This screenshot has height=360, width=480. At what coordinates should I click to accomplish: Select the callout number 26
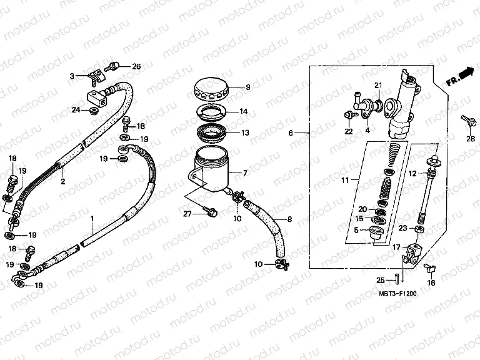point(136,66)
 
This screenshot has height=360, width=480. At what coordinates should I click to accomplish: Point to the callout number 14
point(244,111)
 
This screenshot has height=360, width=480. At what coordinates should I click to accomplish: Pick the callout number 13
point(244,133)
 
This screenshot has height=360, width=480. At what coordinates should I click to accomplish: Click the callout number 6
point(290,133)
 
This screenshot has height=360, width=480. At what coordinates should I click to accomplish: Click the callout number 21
point(377,86)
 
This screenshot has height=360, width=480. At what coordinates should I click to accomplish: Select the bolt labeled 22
point(346,115)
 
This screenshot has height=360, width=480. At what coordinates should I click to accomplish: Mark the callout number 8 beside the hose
point(289,219)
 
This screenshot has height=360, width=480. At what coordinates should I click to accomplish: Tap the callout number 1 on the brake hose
point(92,218)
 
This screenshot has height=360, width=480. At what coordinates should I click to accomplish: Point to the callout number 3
point(72,76)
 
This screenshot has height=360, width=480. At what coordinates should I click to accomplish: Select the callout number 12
point(412,172)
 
